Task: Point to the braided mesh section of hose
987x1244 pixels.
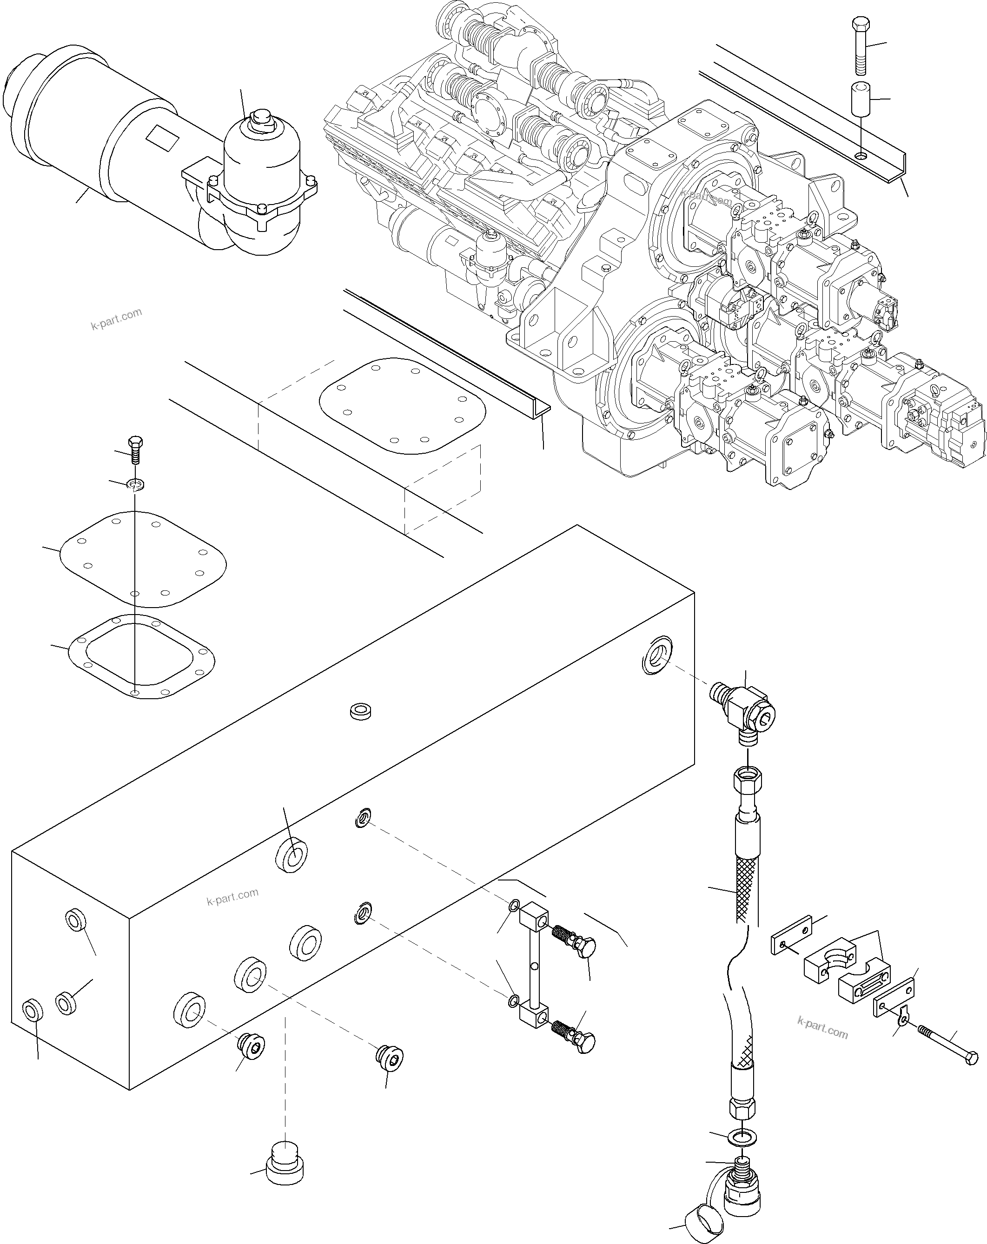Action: [x=745, y=888]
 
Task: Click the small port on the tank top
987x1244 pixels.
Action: [x=360, y=711]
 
